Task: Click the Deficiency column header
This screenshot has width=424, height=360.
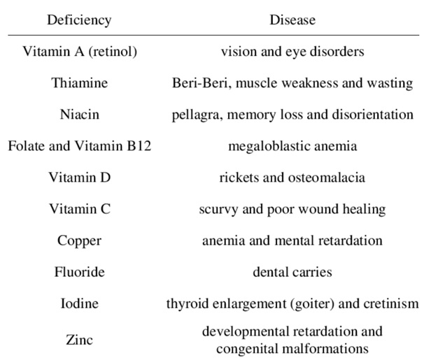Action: point(79,20)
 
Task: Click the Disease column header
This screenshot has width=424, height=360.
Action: point(292,20)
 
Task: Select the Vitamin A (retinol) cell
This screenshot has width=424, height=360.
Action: point(80,52)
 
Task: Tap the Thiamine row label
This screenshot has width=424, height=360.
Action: point(80,82)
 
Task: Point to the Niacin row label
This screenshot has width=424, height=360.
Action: point(80,114)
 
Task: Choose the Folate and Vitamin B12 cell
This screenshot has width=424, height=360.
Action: point(80,146)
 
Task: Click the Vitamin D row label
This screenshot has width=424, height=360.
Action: point(80,178)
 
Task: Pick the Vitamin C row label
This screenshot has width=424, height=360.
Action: point(80,209)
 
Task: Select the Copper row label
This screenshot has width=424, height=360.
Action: point(79,241)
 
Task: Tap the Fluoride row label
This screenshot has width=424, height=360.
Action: point(80,272)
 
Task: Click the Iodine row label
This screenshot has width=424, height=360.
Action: point(79,303)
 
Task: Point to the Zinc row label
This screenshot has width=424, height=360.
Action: point(79,340)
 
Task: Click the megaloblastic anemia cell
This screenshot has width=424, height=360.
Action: point(292,146)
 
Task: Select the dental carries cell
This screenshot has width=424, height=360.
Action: point(292,272)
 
